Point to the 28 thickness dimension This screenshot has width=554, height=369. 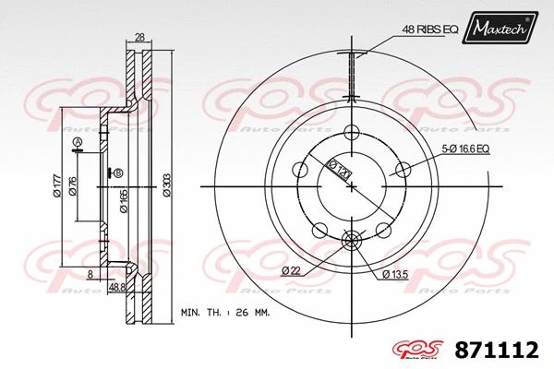(140, 38)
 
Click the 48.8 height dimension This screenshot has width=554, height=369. (118, 288)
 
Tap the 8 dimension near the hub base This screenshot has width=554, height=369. (89, 275)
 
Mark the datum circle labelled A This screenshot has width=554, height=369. (78, 141)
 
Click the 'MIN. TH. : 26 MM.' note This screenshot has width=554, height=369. (224, 314)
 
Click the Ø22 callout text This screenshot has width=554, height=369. (293, 269)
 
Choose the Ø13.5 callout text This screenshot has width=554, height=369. (397, 275)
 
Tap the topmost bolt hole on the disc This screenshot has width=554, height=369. (351, 132)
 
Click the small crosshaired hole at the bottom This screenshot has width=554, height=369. (351, 242)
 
